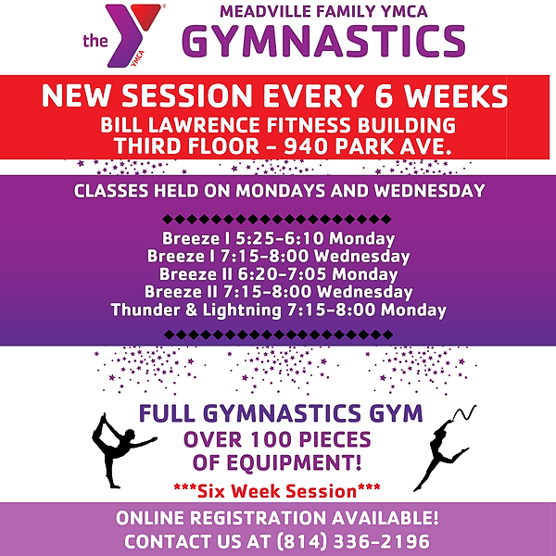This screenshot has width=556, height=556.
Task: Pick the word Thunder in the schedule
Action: click(142, 310)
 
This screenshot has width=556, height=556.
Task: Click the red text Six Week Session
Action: click(277, 488)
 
